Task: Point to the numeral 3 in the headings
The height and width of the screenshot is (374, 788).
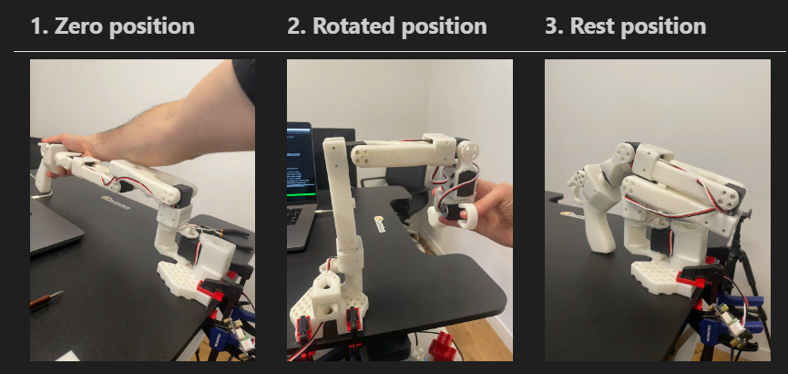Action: tap(552, 26)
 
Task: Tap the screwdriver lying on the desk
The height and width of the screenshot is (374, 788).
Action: tap(46, 299)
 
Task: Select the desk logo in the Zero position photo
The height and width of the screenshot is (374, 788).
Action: tap(115, 203)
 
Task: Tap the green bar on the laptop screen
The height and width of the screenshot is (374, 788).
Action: tap(301, 194)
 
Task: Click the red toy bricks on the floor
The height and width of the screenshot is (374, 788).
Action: tap(442, 347)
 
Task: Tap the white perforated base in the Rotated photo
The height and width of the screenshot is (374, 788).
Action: tap(328, 307)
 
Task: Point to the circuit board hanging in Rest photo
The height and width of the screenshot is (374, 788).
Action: tap(730, 327)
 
